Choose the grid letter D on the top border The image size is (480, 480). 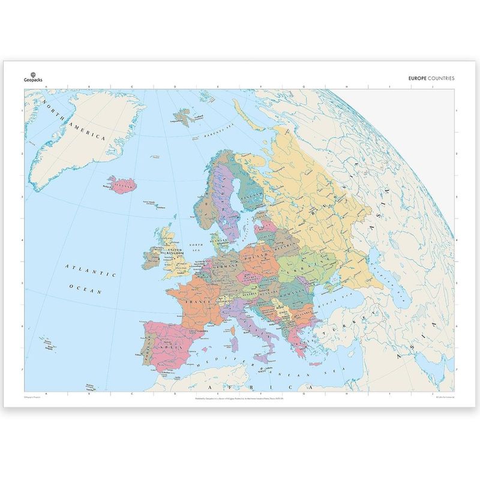pyautogui.click(x=175, y=87)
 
